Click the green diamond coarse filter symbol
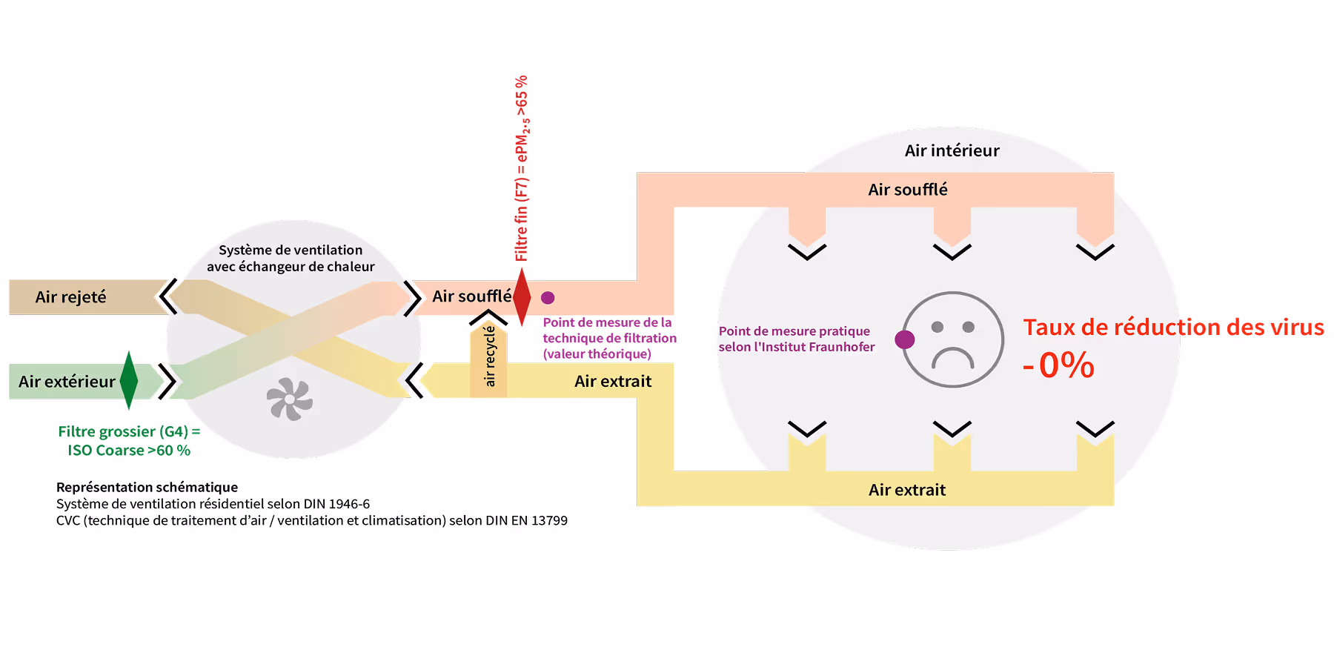(x=129, y=380)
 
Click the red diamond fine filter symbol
(x=522, y=296)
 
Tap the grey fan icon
(x=290, y=399)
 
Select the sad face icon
(x=953, y=339)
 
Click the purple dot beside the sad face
(x=904, y=339)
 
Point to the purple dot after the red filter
(x=548, y=297)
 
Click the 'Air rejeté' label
(x=71, y=297)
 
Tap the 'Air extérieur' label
(x=67, y=382)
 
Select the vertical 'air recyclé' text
(x=489, y=356)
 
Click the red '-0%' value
(x=1059, y=365)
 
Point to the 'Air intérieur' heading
(x=952, y=150)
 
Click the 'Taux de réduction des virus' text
(x=1173, y=327)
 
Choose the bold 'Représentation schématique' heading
(x=147, y=487)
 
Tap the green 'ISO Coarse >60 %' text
(x=129, y=451)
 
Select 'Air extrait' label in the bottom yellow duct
(x=907, y=490)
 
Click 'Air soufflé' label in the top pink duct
(x=908, y=190)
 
